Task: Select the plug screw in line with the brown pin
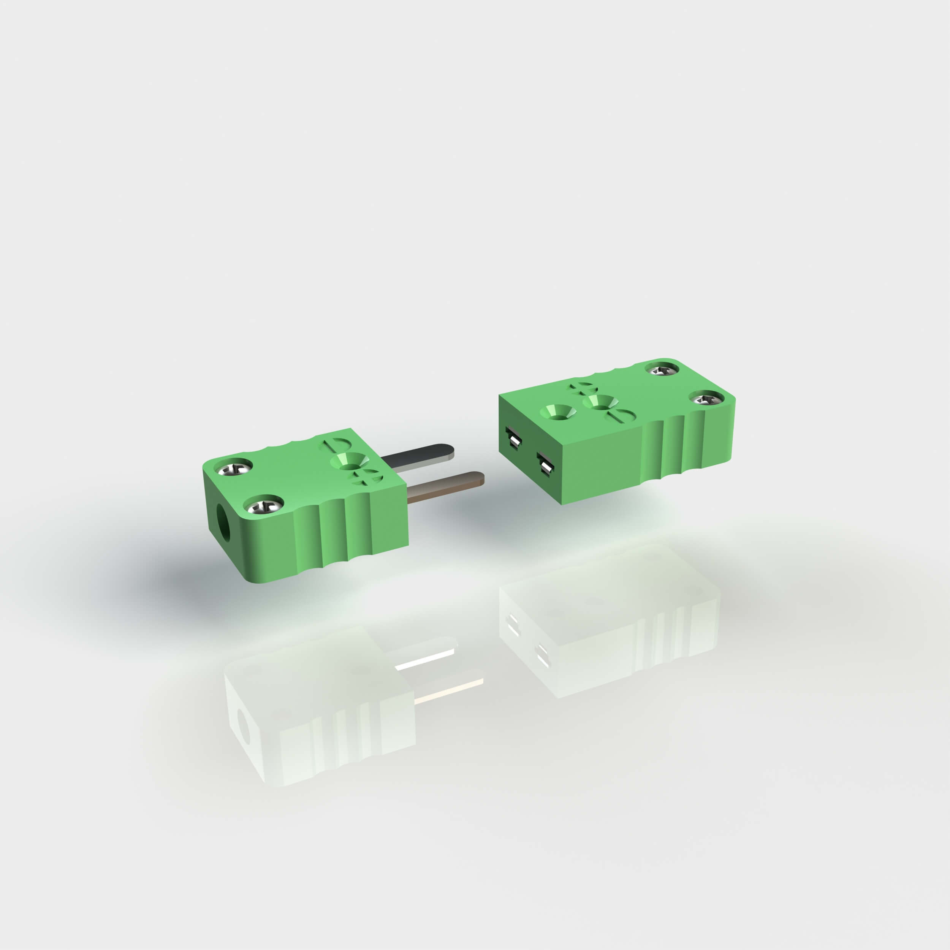point(264,506)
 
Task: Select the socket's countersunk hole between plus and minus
point(600,403)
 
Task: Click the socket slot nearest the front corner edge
point(546,464)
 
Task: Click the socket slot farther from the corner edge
point(513,437)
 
